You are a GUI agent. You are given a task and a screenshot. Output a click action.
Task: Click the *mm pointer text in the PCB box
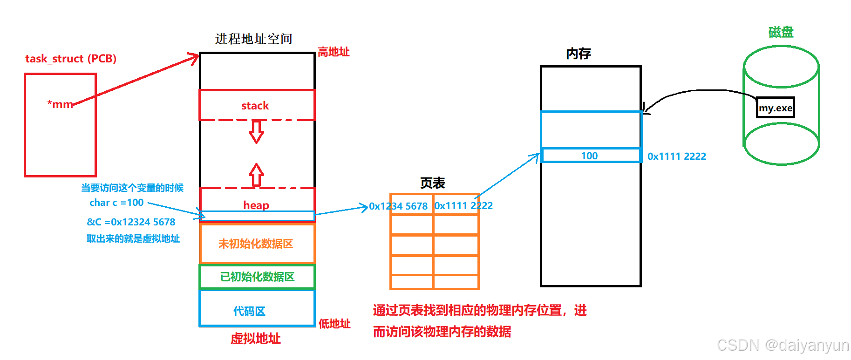[60, 104]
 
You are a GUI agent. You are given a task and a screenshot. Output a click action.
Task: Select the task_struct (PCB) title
[71, 59]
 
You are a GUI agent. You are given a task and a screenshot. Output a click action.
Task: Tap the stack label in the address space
[255, 106]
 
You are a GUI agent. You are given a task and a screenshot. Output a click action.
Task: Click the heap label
[256, 205]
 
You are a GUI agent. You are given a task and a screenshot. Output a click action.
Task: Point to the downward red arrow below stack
[256, 132]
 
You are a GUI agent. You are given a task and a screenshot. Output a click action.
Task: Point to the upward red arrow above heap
[256, 175]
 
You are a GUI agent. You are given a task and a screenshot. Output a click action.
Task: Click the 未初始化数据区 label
[256, 244]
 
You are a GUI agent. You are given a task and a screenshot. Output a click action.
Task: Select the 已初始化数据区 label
[257, 277]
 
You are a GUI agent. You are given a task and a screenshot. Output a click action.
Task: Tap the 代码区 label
[249, 311]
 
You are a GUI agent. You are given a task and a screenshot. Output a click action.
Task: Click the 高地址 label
[334, 52]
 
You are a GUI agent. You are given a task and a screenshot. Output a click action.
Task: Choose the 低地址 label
[334, 324]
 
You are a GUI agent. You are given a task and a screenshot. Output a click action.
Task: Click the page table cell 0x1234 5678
[398, 206]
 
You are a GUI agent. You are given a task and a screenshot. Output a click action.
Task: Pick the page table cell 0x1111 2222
[463, 206]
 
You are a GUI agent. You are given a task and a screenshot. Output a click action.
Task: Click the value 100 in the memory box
[589, 156]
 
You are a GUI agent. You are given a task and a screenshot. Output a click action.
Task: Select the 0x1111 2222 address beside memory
[676, 156]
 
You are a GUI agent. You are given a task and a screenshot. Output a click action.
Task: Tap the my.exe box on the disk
[775, 108]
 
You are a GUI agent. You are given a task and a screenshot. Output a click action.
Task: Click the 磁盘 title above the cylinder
[781, 32]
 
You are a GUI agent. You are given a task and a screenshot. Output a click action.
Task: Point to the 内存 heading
[579, 54]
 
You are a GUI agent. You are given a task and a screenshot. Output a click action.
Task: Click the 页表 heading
[432, 183]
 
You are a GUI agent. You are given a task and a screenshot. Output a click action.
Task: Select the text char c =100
[116, 203]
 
